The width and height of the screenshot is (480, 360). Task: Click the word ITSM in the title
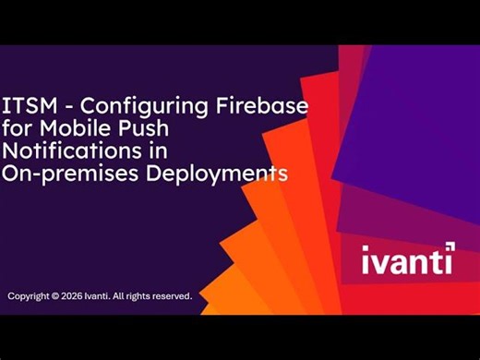click(27, 104)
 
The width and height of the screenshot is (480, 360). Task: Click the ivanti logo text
click(404, 260)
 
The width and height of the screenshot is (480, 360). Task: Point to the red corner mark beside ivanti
click(450, 246)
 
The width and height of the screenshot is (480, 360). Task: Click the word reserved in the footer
click(173, 296)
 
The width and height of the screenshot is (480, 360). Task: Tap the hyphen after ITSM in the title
click(64, 105)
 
